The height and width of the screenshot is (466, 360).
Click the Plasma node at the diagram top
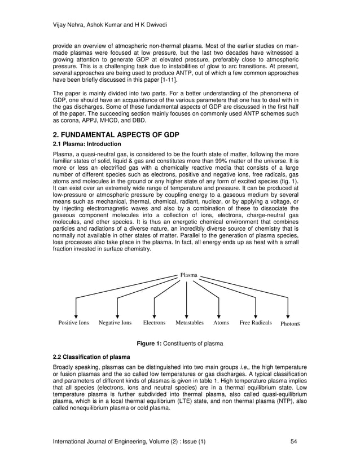188,275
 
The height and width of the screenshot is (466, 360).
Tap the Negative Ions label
115,323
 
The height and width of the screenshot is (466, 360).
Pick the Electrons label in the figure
154,323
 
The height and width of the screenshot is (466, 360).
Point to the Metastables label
189,323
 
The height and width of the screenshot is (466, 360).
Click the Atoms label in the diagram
221,323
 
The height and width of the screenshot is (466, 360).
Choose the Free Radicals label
256,323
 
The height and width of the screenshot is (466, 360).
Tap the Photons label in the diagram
288,324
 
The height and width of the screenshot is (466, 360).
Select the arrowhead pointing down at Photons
288,315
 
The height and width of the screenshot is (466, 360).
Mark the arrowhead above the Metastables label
187,315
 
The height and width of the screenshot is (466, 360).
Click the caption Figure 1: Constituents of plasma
180,343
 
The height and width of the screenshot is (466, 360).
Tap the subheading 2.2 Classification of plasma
91,358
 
